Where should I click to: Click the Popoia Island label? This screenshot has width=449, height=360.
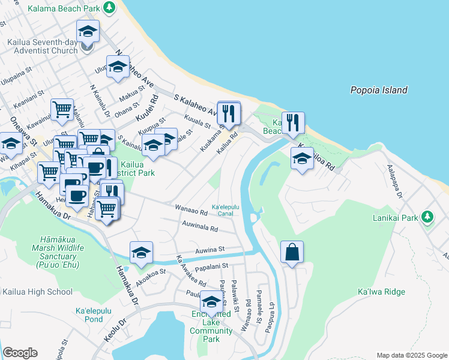(x=379, y=90)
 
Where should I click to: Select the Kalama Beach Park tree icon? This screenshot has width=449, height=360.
(x=109, y=7)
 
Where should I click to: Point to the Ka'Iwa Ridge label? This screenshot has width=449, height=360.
(x=381, y=292)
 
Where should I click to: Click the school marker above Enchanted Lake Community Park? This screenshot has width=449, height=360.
(x=211, y=301)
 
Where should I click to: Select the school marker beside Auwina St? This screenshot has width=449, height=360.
(x=141, y=252)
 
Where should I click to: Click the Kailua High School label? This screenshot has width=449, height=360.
(x=37, y=292)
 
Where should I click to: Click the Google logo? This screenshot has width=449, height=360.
(x=20, y=353)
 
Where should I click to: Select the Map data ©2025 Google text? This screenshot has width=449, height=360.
(x=412, y=355)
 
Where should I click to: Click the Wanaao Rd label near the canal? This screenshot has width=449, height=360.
(x=191, y=209)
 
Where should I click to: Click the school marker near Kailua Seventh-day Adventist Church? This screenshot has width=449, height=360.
(x=88, y=31)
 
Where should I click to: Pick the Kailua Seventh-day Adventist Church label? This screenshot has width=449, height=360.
(x=43, y=47)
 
